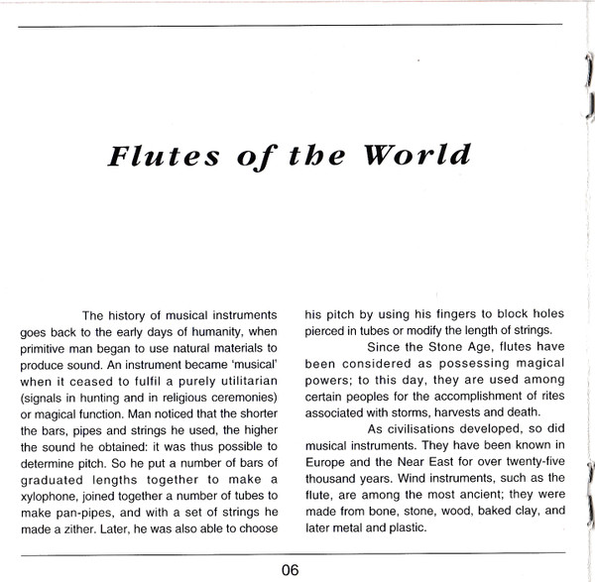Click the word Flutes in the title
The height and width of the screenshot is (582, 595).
tap(144, 158)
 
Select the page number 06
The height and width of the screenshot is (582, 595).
tap(289, 568)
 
